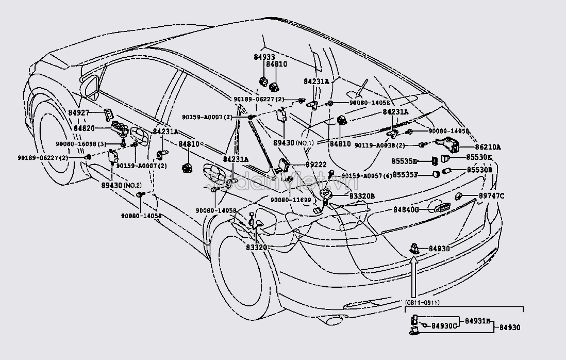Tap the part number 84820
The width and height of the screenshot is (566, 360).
(84, 128)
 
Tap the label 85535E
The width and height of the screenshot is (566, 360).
(405, 160)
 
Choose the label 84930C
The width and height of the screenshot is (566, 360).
(444, 325)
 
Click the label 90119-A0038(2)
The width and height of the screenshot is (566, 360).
(380, 146)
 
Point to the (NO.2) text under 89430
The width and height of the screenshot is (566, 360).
(131, 184)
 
